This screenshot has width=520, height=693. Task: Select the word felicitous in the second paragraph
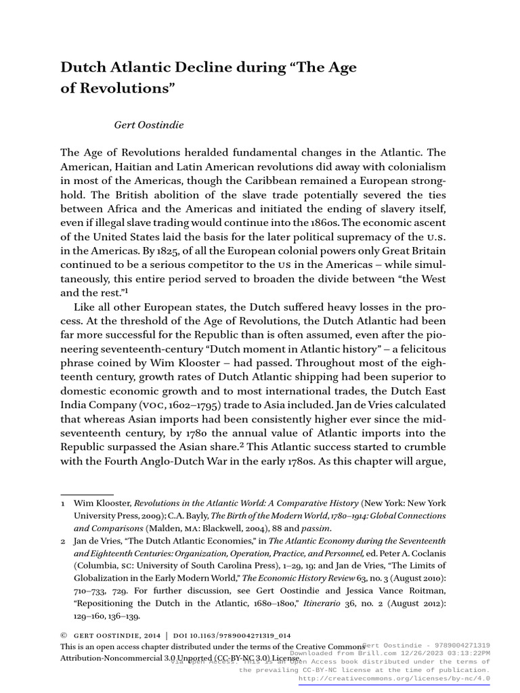coord(419,349)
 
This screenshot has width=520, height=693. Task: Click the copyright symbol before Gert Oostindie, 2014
coord(64,636)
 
